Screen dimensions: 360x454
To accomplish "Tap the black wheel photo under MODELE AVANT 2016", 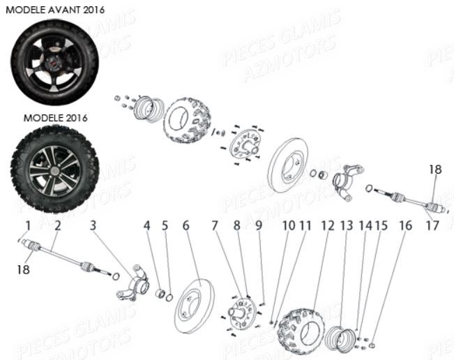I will [x=54, y=61].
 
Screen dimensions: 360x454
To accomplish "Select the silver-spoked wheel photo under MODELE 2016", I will [x=54, y=168].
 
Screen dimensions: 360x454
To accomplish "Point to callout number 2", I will [x=58, y=225].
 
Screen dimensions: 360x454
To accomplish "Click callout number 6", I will [x=186, y=225].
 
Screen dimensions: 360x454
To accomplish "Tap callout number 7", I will [x=215, y=225].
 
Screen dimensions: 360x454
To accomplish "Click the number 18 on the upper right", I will [x=435, y=170].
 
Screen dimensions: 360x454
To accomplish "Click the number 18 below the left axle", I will [x=24, y=269].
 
